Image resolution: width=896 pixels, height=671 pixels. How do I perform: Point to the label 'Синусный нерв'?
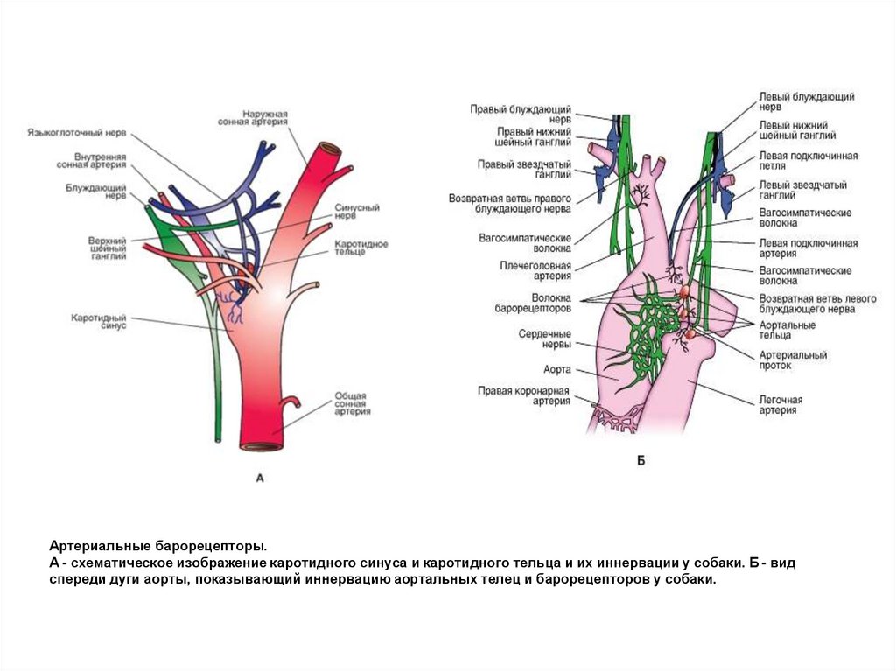(357, 212)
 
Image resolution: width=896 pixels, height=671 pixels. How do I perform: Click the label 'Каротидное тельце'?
(360, 248)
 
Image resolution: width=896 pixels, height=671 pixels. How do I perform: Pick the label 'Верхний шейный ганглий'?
(108, 248)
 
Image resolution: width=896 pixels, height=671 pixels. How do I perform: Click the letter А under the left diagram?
(259, 478)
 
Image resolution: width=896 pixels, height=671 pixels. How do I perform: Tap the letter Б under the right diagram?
(640, 460)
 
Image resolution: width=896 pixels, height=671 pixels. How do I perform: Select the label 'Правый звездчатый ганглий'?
(524, 169)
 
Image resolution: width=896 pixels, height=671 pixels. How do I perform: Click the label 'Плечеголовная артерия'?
(535, 270)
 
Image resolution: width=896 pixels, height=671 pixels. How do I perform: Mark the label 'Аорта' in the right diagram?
(556, 370)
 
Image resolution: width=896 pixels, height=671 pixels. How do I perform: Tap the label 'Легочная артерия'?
(780, 404)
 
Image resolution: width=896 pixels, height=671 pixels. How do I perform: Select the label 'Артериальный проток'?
(792, 360)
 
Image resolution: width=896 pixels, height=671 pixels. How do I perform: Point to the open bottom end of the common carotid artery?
(262, 446)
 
